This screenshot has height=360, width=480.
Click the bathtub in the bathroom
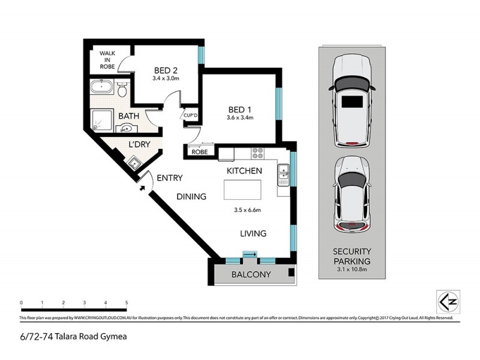(x=103, y=88)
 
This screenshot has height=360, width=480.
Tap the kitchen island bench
(x=244, y=190)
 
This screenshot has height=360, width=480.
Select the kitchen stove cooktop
(x=259, y=153)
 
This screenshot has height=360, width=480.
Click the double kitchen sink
(x=283, y=175)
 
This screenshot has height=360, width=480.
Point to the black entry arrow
(x=142, y=187)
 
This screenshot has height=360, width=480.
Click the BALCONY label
(x=251, y=275)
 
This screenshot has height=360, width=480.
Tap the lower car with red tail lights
(x=353, y=195)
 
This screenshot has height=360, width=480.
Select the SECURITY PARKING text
(x=353, y=256)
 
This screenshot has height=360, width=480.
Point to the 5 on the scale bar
(x=127, y=302)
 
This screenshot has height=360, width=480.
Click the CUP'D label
(x=191, y=115)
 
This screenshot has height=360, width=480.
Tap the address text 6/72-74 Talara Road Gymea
(x=73, y=337)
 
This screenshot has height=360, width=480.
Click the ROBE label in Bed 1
(x=200, y=152)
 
